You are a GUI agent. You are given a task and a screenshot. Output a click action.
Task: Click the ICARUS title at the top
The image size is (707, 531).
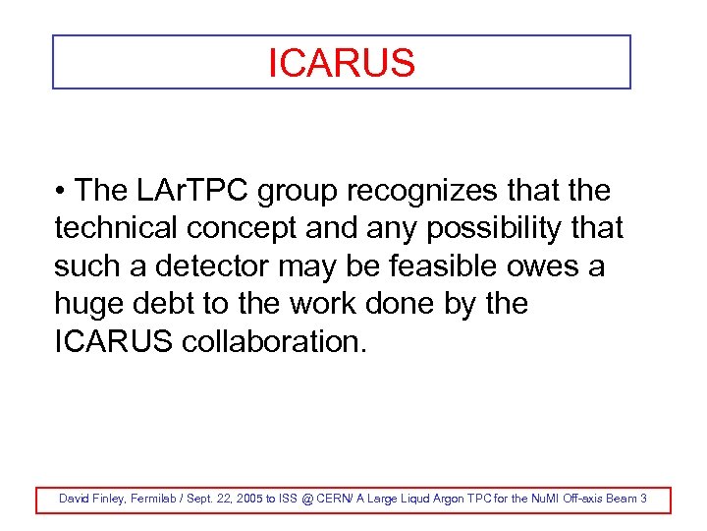342,64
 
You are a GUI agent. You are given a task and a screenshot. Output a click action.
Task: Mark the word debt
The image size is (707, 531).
166,304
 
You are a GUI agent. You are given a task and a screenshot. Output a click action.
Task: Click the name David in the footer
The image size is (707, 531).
75,500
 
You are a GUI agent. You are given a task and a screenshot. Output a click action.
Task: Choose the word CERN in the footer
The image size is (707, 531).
338,500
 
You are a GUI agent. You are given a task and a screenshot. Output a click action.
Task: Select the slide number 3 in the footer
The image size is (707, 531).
643,500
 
